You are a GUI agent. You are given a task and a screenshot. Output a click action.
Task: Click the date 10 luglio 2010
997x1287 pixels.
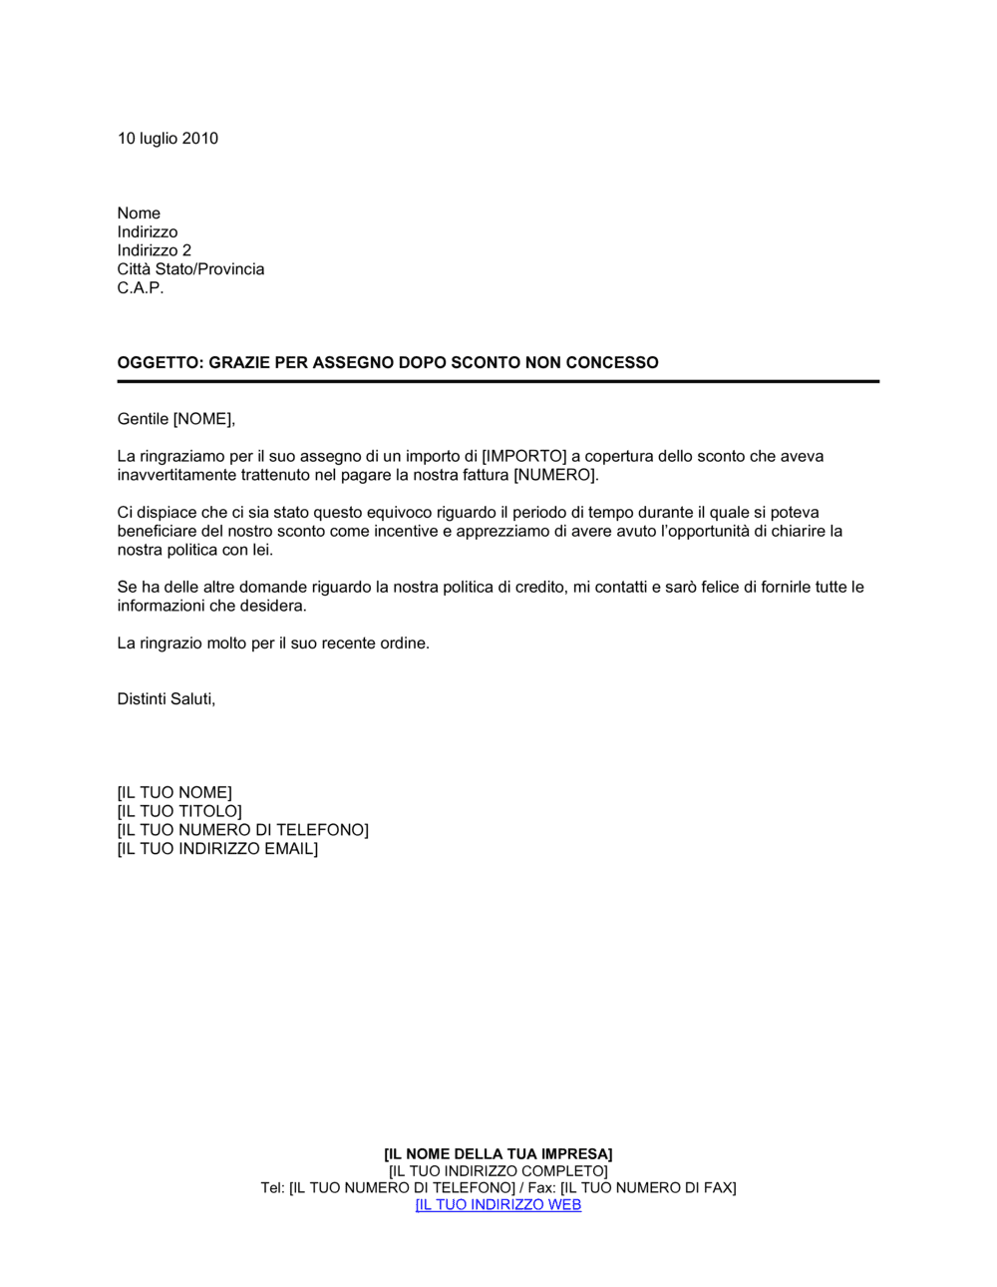167,139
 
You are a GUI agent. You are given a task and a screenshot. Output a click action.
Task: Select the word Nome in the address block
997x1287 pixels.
139,214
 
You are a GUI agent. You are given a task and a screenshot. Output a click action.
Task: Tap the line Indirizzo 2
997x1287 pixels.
154,250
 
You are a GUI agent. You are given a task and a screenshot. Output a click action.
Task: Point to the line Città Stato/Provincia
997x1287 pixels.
190,269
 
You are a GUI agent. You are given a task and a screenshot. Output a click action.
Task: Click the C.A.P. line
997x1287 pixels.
140,288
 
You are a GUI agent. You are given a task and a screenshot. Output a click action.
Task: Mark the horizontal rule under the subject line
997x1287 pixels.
498,381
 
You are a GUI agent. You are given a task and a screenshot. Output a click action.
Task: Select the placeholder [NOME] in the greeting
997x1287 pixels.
203,419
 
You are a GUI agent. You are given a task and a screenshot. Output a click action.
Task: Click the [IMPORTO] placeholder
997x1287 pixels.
523,457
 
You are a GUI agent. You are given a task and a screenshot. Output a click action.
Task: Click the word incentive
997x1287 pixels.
406,532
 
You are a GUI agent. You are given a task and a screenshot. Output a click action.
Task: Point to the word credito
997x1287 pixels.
539,588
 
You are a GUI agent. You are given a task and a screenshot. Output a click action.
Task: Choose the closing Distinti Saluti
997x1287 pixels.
166,699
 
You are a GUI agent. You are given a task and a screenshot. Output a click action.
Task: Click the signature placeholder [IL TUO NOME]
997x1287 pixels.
174,793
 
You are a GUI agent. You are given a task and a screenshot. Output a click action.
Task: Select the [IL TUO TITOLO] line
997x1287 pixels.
179,812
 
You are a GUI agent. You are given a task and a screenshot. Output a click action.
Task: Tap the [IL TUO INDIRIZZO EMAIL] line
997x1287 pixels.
217,849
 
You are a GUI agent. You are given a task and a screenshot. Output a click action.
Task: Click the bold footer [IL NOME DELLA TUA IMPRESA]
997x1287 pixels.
498,1154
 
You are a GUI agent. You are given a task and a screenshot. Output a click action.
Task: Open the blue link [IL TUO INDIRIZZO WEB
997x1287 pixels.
498,1205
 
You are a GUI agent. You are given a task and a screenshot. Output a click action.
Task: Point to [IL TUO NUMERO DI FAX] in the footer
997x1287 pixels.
648,1188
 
